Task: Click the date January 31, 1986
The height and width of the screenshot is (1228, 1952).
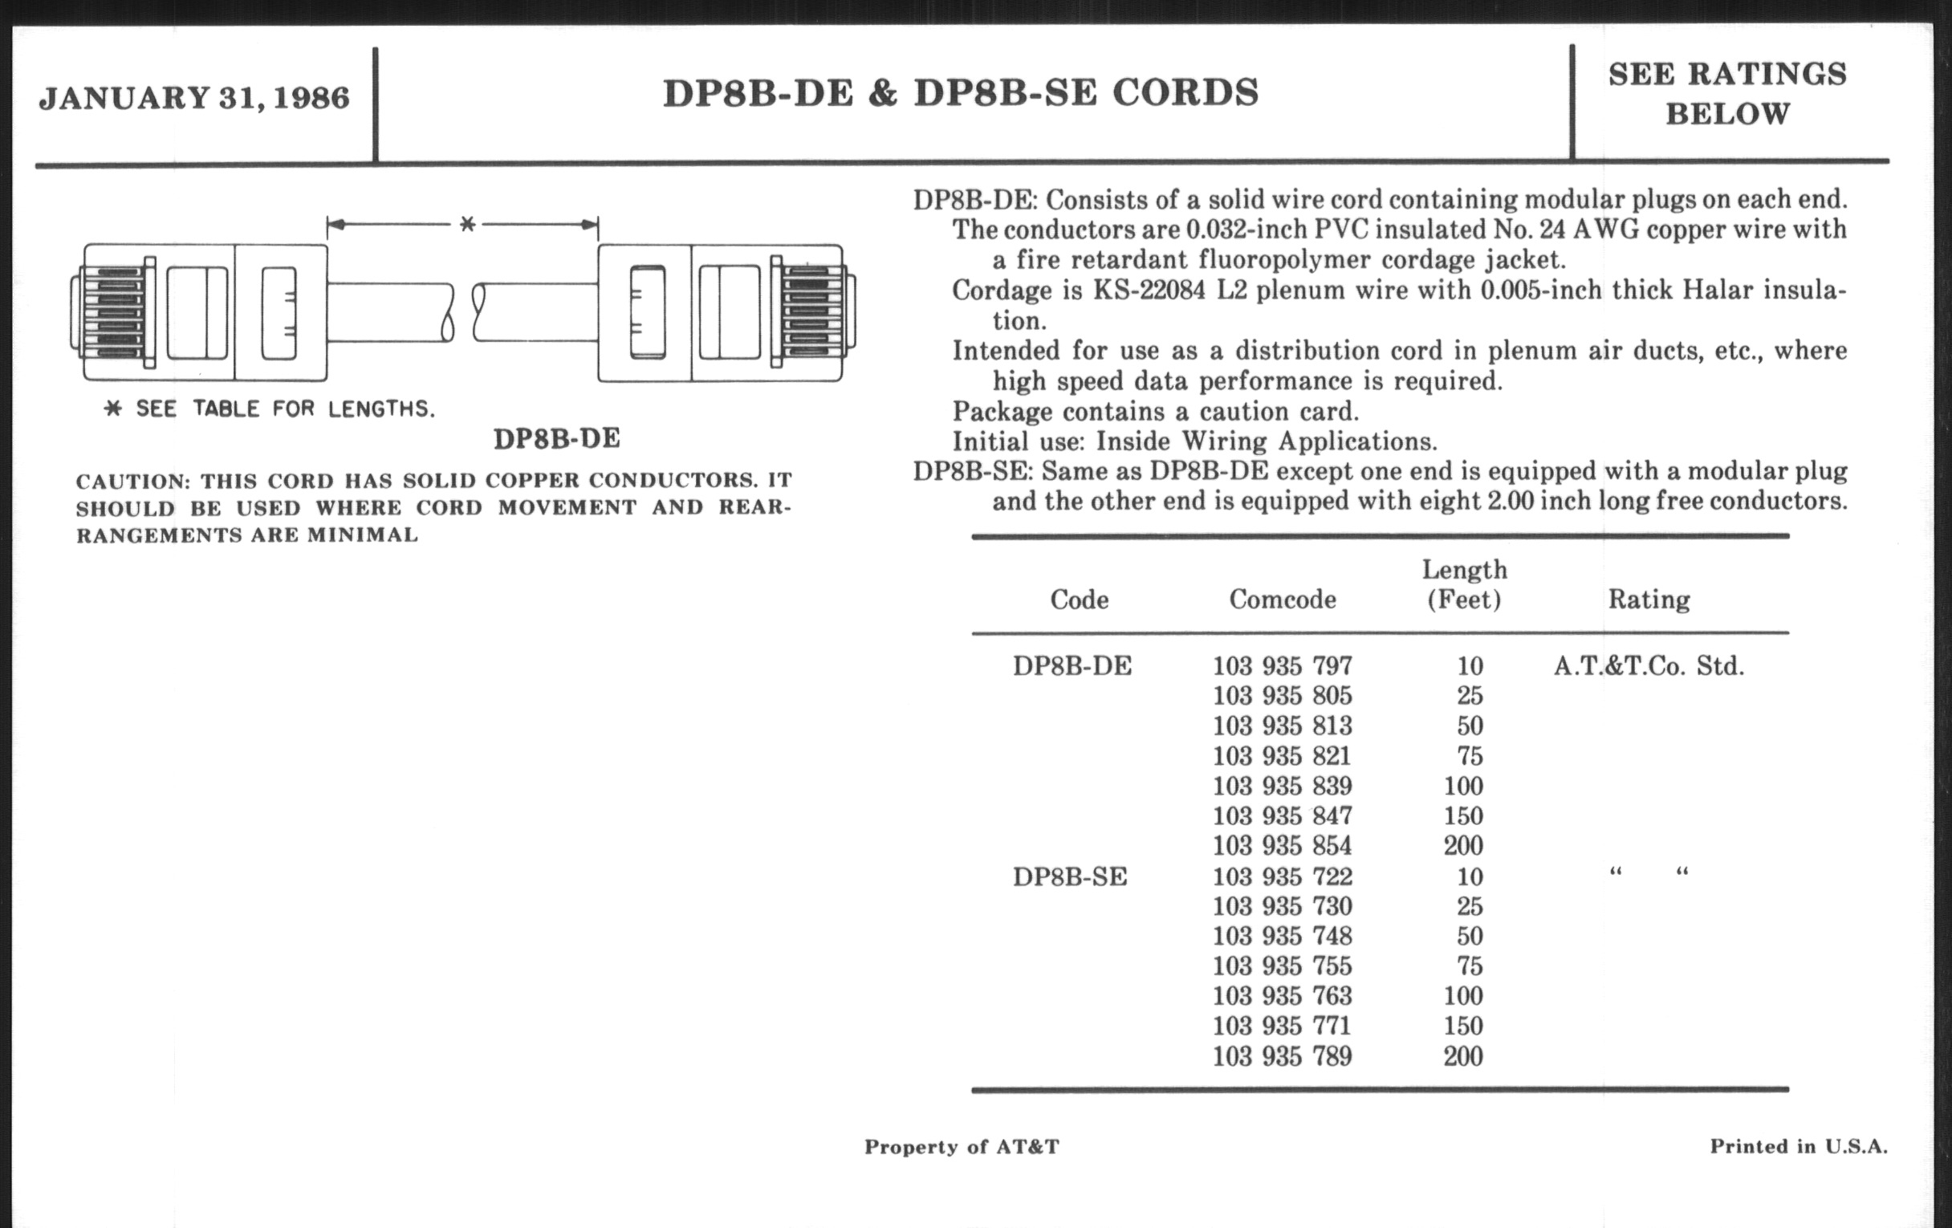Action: click(193, 98)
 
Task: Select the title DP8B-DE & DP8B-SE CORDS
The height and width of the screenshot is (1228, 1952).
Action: click(961, 93)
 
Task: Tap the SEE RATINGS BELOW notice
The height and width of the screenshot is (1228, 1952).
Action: click(1727, 94)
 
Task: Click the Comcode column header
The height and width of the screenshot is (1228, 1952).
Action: click(1283, 600)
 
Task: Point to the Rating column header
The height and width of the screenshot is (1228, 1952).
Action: click(1649, 600)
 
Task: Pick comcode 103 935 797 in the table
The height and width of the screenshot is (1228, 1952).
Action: click(1283, 666)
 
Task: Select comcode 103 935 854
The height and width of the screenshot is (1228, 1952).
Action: click(1283, 846)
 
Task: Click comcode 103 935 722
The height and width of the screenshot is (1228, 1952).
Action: click(1283, 877)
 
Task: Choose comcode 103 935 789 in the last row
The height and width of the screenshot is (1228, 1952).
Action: click(1283, 1057)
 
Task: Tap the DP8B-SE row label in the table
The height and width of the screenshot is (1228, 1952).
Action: click(1070, 877)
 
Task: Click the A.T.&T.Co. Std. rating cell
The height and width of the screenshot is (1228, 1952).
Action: click(1649, 666)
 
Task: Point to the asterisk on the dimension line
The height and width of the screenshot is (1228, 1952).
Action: click(467, 224)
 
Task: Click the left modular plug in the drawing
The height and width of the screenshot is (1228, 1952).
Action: click(202, 312)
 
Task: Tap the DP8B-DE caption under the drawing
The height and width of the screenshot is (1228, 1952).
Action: click(557, 438)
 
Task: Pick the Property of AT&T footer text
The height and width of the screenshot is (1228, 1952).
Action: click(962, 1147)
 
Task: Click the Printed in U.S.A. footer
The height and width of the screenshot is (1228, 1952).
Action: click(1799, 1147)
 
